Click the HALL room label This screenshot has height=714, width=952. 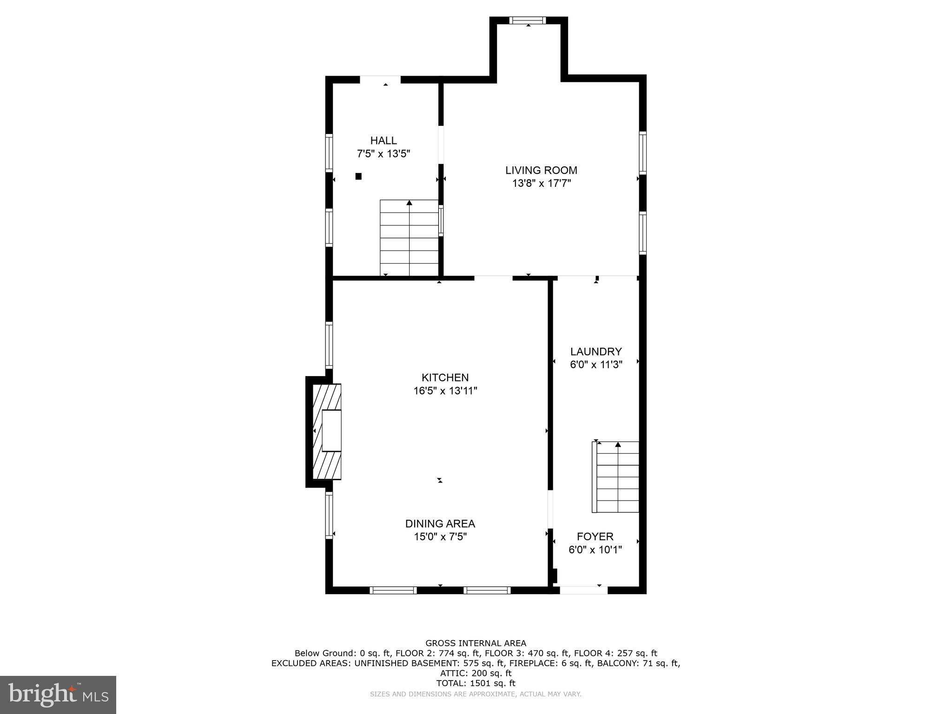click(383, 140)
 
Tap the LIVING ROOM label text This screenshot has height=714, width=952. click(541, 170)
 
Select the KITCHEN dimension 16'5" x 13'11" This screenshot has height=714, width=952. click(445, 391)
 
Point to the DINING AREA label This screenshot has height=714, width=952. click(440, 523)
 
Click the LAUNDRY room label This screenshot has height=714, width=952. click(596, 351)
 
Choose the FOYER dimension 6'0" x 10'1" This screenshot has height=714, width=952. click(595, 550)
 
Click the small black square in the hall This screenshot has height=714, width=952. click(358, 176)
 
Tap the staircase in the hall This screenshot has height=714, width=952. click(409, 238)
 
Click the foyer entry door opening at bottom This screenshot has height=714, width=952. click(583, 590)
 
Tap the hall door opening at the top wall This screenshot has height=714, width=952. click(380, 79)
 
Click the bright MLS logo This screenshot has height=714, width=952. click(58, 694)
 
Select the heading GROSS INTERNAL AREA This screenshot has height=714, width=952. click(476, 643)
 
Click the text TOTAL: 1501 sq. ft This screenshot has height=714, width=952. click(476, 683)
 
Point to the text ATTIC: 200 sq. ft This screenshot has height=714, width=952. click(476, 673)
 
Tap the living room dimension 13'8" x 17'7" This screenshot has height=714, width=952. click(541, 184)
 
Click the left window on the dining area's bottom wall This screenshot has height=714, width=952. click(393, 590)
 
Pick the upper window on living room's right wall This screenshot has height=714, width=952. click(642, 152)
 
